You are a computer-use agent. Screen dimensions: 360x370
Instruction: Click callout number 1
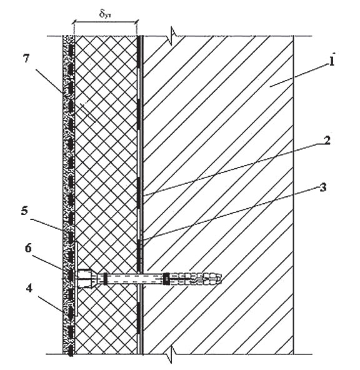click(332, 61)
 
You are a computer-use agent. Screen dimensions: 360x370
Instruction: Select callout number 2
click(326, 140)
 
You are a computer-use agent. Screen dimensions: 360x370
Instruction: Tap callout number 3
click(323, 187)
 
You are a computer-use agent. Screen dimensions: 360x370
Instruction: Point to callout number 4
click(29, 288)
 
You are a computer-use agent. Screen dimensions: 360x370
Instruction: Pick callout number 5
click(24, 211)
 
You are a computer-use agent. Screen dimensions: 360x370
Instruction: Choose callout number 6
click(28, 248)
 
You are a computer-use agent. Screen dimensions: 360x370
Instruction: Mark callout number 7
click(26, 58)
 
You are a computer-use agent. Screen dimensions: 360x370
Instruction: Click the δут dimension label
click(105, 14)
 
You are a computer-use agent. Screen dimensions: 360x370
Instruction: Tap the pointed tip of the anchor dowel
click(221, 279)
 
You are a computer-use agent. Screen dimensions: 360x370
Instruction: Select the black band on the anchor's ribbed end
click(166, 279)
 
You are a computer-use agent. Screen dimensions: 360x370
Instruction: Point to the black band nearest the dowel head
click(105, 279)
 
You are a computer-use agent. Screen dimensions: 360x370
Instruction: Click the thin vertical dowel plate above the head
click(76, 257)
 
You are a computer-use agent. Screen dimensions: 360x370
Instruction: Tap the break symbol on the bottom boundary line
click(172, 354)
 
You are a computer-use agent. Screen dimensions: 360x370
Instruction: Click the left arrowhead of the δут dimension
click(74, 22)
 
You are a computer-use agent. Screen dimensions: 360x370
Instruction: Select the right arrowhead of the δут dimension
click(136, 22)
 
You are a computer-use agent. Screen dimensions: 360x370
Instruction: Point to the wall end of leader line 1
click(271, 87)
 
